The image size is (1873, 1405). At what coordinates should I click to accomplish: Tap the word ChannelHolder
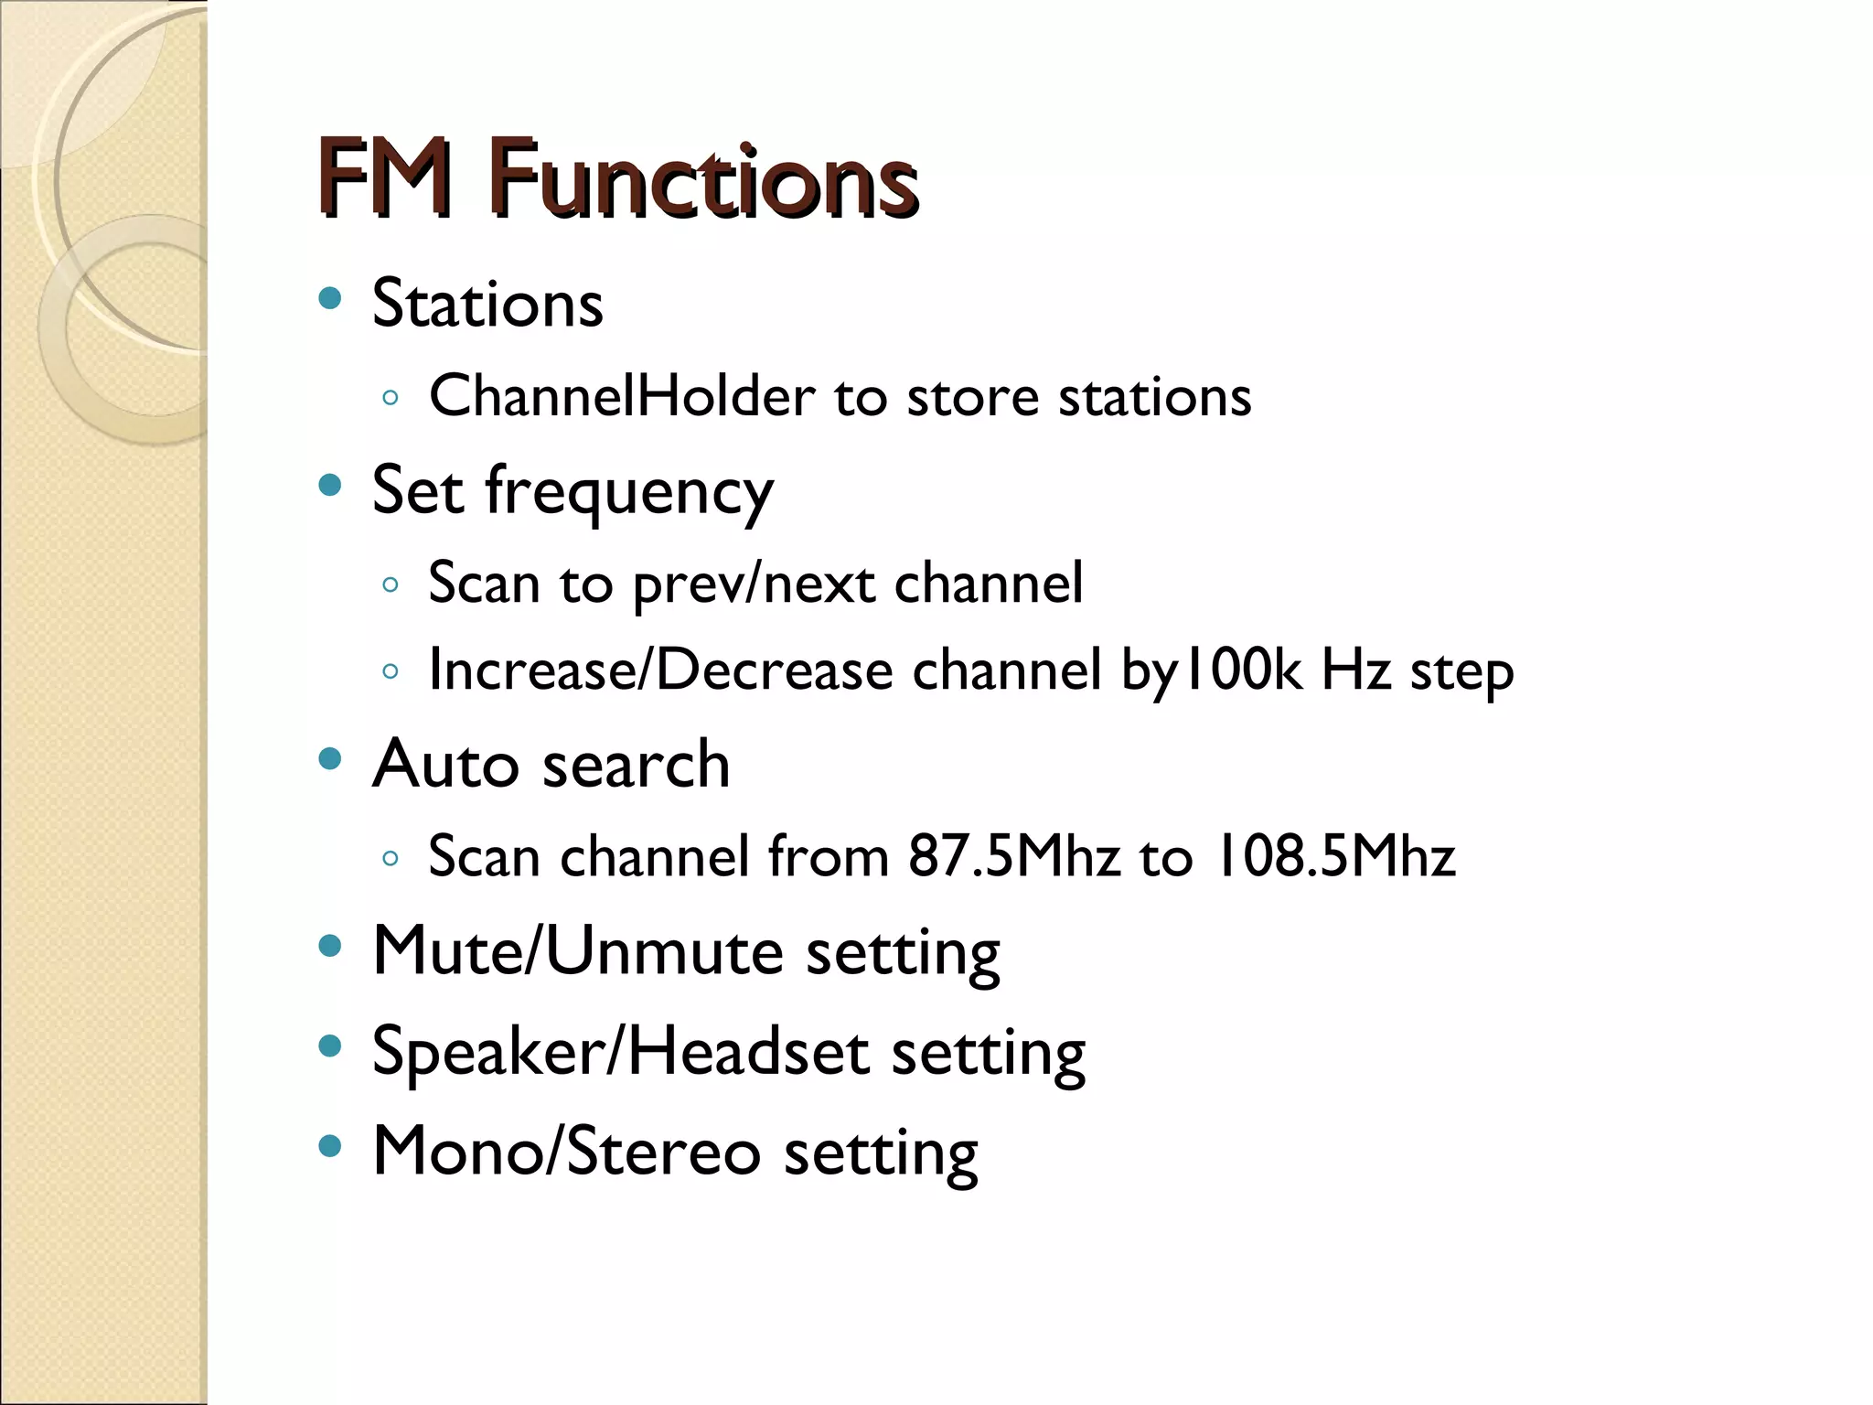click(x=622, y=396)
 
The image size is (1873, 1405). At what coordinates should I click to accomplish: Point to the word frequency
click(x=629, y=492)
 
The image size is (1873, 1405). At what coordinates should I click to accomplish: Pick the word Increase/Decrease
click(x=660, y=670)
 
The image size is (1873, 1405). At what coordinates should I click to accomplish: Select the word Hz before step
click(x=1355, y=670)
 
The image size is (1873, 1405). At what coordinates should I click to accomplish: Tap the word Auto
click(x=446, y=764)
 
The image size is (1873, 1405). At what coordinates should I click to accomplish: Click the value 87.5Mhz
click(x=1013, y=857)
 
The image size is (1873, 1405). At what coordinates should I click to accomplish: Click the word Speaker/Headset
click(x=620, y=1051)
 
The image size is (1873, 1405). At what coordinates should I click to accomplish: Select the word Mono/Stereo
click(x=566, y=1151)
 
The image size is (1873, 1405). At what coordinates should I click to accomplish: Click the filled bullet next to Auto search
click(x=330, y=758)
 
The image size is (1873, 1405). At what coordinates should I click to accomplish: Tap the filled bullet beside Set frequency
click(x=330, y=485)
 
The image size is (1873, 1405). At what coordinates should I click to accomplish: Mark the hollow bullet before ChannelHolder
click(x=391, y=398)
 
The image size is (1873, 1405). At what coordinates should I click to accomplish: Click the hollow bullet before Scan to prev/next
click(x=391, y=585)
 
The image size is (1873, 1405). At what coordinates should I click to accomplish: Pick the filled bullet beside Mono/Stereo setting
click(x=330, y=1145)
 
